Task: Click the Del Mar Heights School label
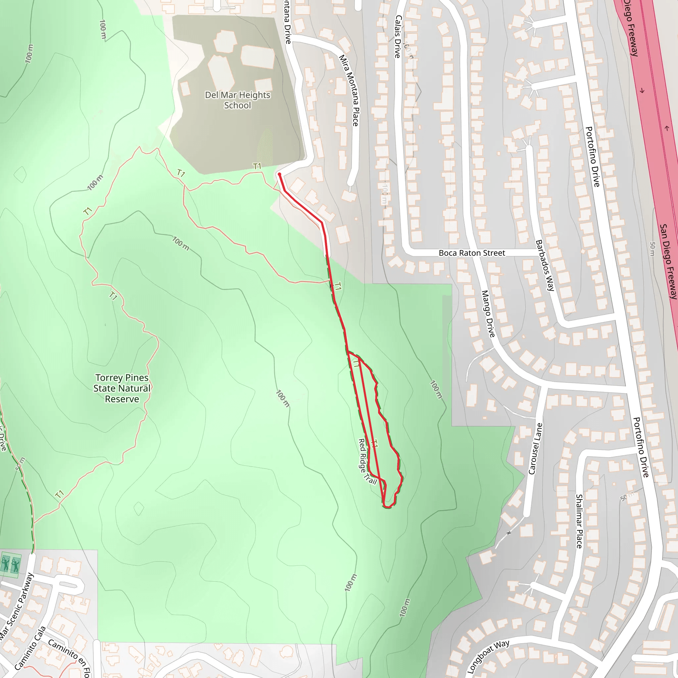pyautogui.click(x=238, y=100)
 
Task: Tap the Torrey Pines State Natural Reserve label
pyautogui.click(x=122, y=388)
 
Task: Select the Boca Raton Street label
pyautogui.click(x=472, y=253)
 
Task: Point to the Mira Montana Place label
pyautogui.click(x=349, y=90)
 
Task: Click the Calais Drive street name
pyautogui.click(x=398, y=36)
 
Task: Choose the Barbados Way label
pyautogui.click(x=545, y=265)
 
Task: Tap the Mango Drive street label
pyautogui.click(x=488, y=314)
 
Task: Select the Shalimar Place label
pyautogui.click(x=579, y=521)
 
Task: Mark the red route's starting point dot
pyautogui.click(x=279, y=174)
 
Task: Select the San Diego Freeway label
pyautogui.click(x=668, y=262)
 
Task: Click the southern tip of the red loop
pyautogui.click(x=387, y=507)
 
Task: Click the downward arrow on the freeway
pyautogui.click(x=642, y=91)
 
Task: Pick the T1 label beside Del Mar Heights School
pyautogui.click(x=257, y=166)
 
